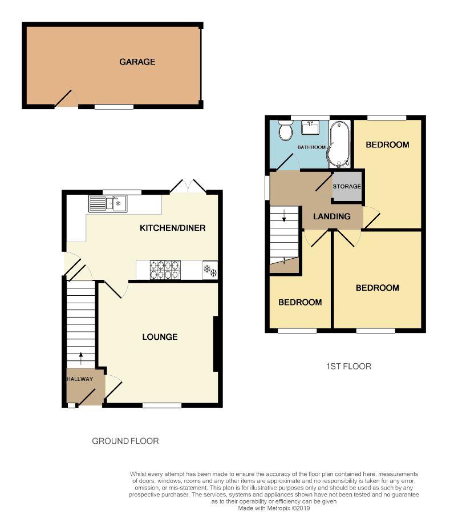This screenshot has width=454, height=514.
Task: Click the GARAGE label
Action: tap(137, 62)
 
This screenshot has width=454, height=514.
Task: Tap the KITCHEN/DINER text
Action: tap(172, 228)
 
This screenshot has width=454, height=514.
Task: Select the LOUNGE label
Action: tap(160, 337)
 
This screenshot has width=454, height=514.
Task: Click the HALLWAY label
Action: tap(79, 379)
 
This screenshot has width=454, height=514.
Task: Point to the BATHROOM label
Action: tap(311, 147)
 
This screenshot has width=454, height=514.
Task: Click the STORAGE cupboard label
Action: tap(347, 187)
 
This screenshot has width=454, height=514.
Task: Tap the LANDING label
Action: tap(332, 216)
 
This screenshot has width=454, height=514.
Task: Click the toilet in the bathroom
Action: tap(285, 130)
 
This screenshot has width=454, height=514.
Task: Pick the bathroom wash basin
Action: tap(311, 127)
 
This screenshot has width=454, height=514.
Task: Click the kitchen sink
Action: tap(108, 203)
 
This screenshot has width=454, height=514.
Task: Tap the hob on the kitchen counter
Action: tap(165, 270)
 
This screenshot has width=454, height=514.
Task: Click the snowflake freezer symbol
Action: tap(209, 270)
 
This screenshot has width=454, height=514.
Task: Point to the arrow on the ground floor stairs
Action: tap(80, 359)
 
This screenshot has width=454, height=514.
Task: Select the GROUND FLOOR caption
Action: tap(125, 441)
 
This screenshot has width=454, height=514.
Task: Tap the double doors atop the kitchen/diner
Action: tap(189, 186)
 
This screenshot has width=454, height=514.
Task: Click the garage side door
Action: tap(66, 99)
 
